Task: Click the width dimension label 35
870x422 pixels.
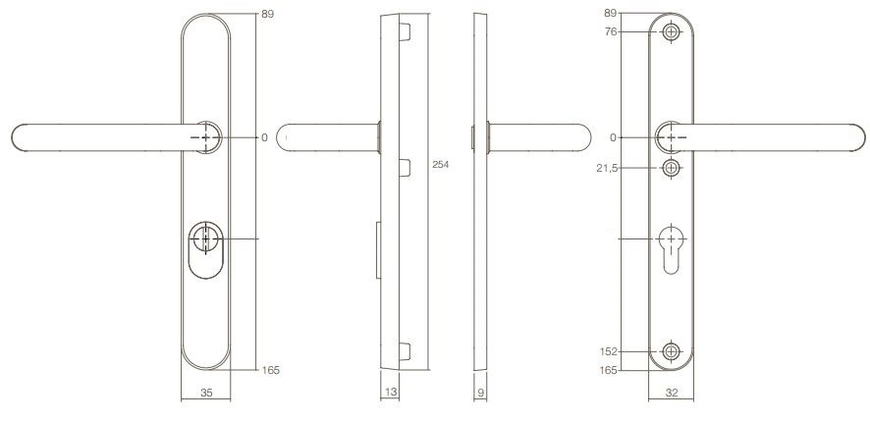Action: [x=206, y=394]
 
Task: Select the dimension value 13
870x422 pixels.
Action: [x=390, y=394]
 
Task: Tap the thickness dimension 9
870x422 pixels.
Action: [x=479, y=394]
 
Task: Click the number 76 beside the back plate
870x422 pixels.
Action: [x=610, y=32]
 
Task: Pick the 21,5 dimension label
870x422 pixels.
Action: [x=606, y=169]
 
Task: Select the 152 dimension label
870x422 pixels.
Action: [x=608, y=351]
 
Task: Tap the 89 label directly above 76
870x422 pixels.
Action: [x=610, y=14]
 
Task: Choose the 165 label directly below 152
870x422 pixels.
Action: [x=608, y=370]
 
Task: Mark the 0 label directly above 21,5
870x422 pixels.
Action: [x=613, y=137]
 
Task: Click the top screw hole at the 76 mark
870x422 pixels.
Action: [x=671, y=32]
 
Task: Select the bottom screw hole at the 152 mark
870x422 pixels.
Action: [x=671, y=351]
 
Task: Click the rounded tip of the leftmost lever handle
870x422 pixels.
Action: [x=20, y=138]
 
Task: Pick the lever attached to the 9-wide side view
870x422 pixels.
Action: [x=535, y=138]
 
